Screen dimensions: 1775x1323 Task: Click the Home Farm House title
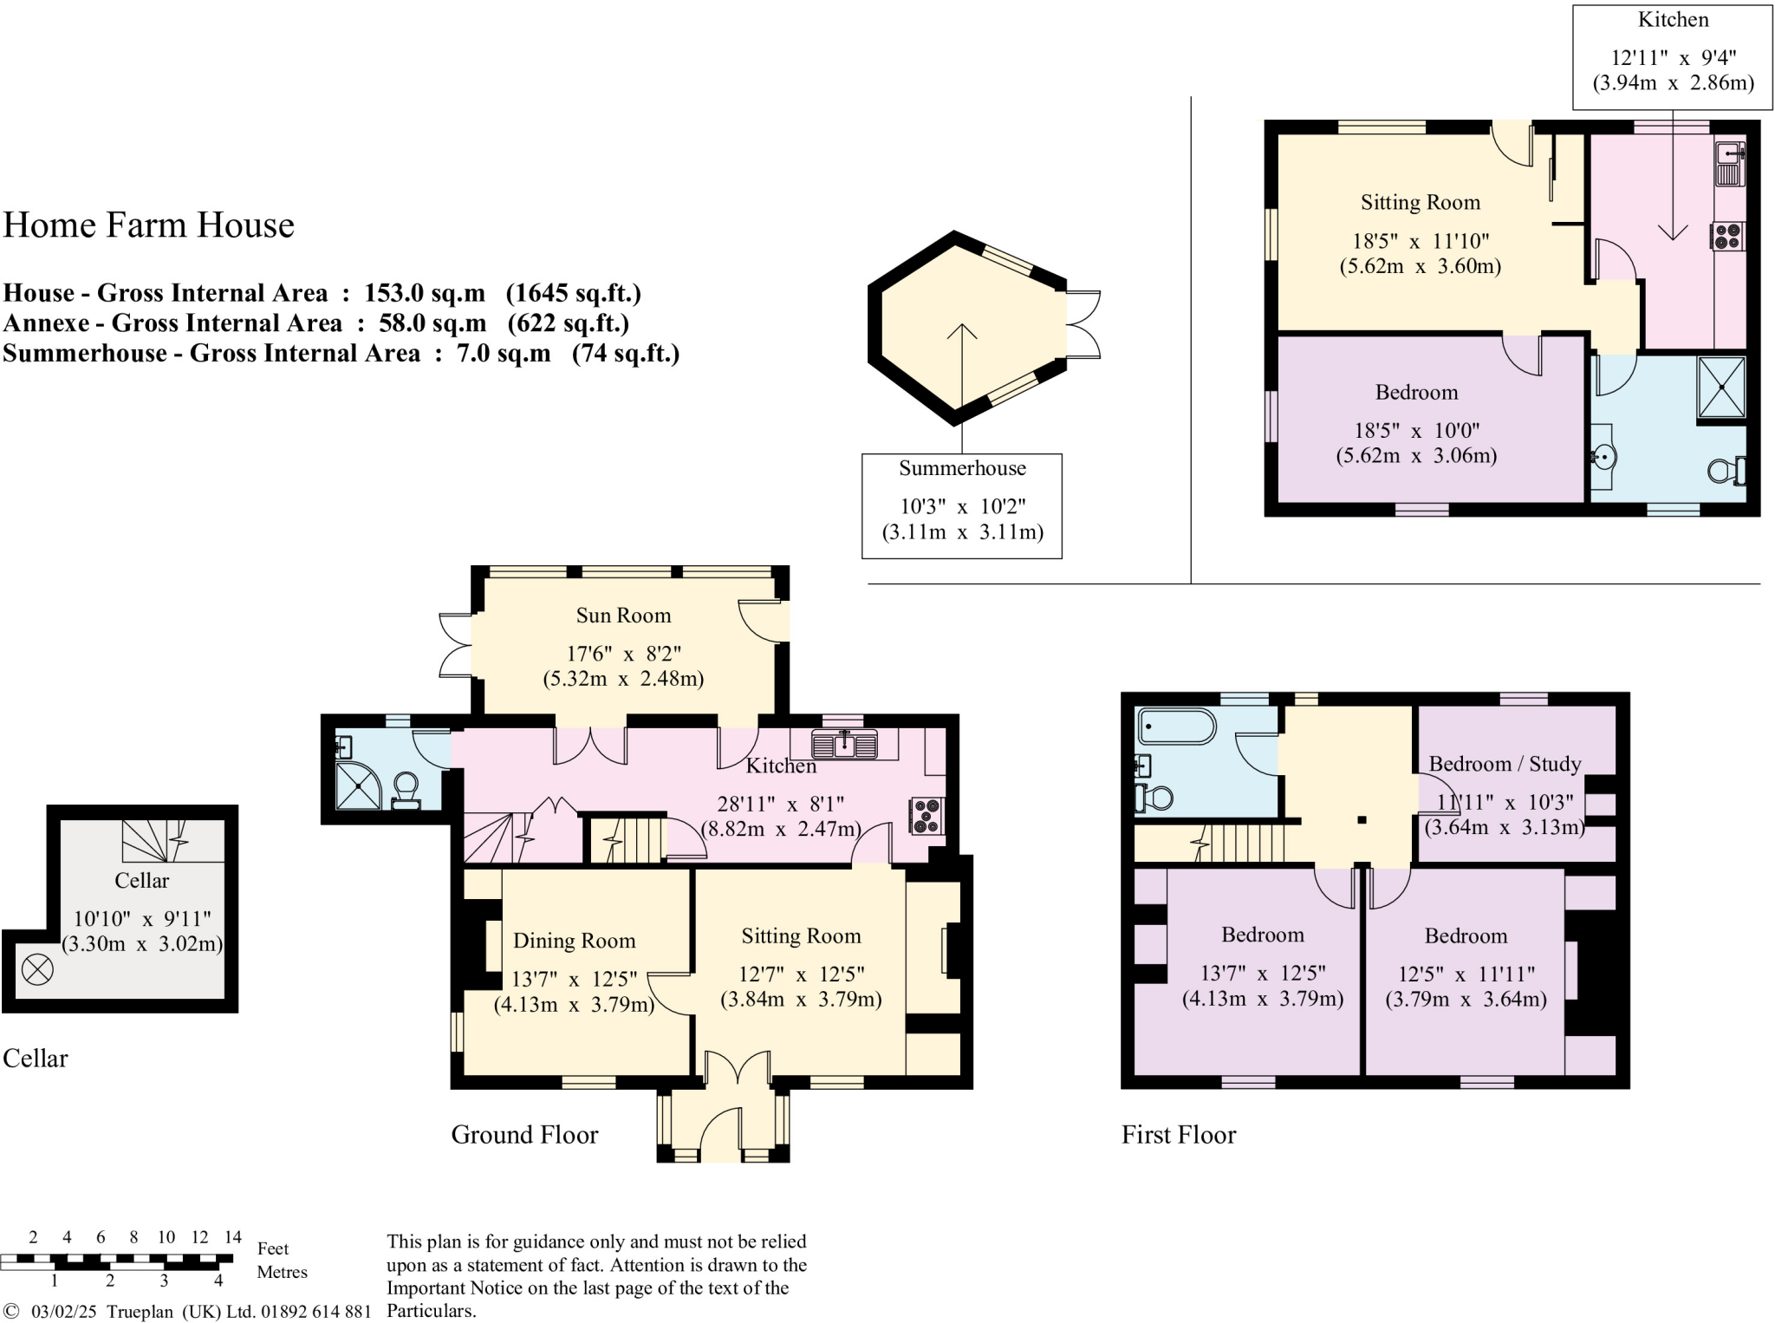pyautogui.click(x=149, y=225)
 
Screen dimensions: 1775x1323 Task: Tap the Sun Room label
pyautogui.click(x=623, y=616)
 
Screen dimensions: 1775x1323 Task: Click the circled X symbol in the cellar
pyautogui.click(x=37, y=969)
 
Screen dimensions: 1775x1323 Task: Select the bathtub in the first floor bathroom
pyautogui.click(x=1178, y=727)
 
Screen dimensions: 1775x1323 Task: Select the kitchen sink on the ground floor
pyautogui.click(x=844, y=744)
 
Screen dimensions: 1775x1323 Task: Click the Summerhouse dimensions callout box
pyautogui.click(x=962, y=506)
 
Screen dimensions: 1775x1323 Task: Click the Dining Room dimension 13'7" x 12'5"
pyautogui.click(x=574, y=980)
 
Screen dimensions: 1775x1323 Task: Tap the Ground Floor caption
pyautogui.click(x=524, y=1135)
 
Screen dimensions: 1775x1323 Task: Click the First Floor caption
pyautogui.click(x=1179, y=1135)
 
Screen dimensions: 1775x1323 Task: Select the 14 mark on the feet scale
pyautogui.click(x=233, y=1237)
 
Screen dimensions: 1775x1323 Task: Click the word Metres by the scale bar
pyautogui.click(x=283, y=1272)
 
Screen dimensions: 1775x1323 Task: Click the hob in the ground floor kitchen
pyautogui.click(x=927, y=816)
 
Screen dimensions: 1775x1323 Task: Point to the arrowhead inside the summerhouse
pyautogui.click(x=962, y=331)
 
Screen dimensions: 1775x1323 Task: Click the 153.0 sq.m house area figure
pyautogui.click(x=425, y=293)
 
